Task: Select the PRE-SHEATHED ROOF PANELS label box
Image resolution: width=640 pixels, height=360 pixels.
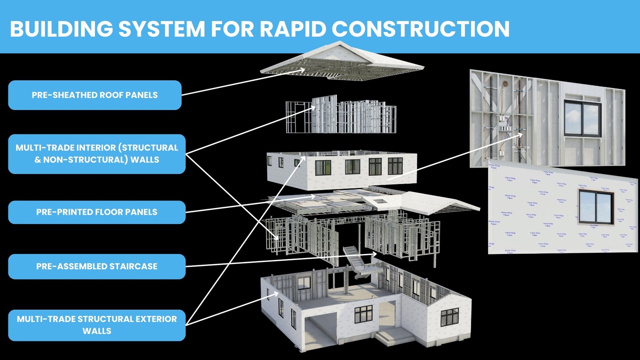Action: point(95,95)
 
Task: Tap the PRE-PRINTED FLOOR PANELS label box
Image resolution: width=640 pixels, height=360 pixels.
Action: point(97,212)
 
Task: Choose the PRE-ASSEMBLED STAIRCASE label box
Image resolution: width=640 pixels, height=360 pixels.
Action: point(97,266)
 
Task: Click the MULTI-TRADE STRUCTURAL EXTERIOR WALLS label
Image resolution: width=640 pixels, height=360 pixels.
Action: point(97,325)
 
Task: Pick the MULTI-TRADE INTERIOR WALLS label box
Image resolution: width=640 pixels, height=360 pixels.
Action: point(97,154)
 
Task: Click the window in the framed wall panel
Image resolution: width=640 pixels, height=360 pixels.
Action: point(582,118)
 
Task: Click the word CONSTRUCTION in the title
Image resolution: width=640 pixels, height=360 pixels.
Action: point(420,29)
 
